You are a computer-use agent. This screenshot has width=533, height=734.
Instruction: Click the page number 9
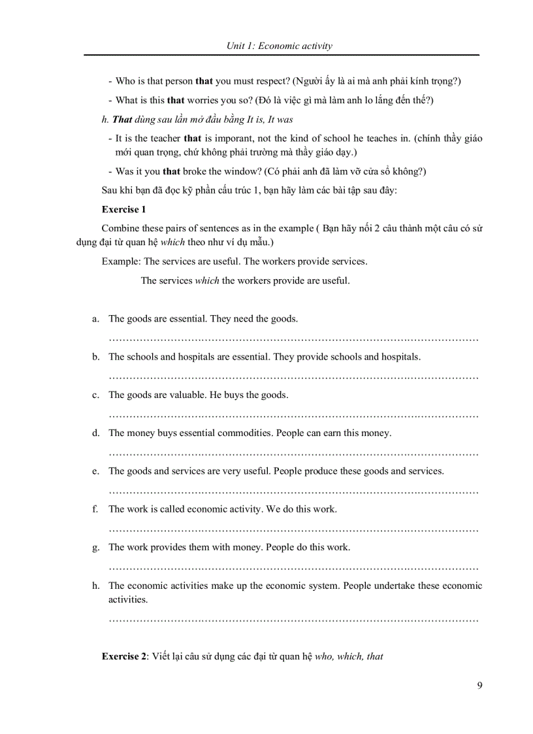coord(480,686)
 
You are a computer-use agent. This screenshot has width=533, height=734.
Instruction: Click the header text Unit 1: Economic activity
coord(279,46)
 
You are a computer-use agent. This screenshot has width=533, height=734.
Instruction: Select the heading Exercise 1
coord(123,209)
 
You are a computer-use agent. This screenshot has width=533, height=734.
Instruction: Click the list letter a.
coord(95,319)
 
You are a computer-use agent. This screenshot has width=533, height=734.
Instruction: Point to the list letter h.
coord(95,586)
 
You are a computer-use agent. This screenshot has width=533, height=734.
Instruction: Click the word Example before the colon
coord(120,261)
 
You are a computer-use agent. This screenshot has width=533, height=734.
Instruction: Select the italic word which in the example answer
coord(207,281)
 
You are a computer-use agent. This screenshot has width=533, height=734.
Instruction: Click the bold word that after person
coord(204,81)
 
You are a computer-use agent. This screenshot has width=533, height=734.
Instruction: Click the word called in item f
coord(172,509)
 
